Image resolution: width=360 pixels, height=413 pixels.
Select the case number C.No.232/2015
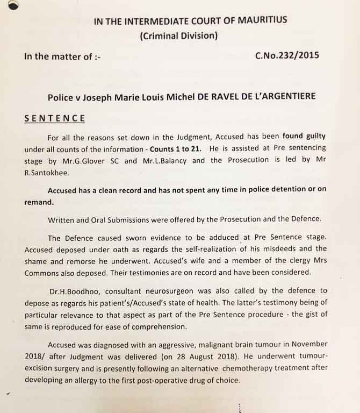pos(295,55)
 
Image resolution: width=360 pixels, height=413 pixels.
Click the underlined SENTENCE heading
pos(54,118)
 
